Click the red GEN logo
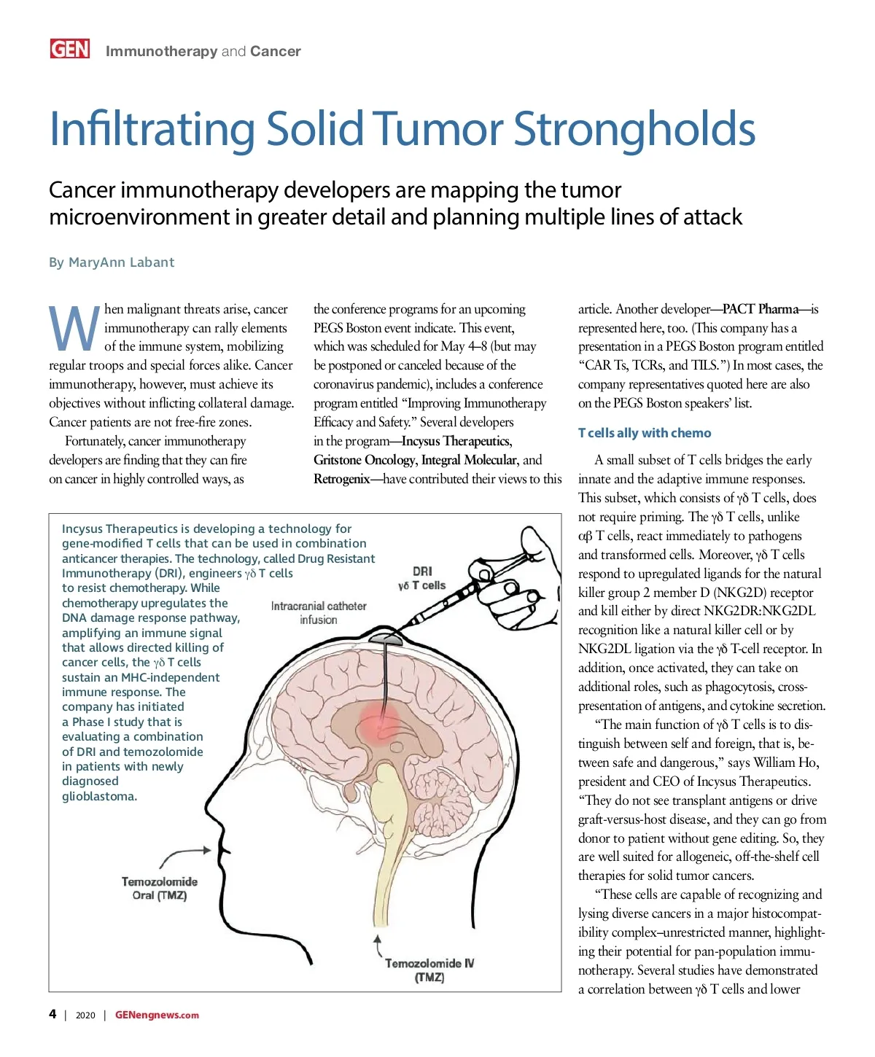pos(70,49)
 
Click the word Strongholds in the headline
pos(634,129)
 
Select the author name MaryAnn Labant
pos(121,262)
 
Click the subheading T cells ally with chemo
pos(645,433)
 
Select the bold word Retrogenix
pos(341,479)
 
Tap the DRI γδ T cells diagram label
pos(422,578)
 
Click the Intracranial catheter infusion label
pos(319,613)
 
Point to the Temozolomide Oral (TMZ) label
pos(160,889)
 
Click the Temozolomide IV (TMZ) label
pos(429,970)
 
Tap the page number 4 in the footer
pos(52,1014)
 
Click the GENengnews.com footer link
pos(157,1015)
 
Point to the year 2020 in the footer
pos(85,1015)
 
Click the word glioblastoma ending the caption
pos(98,796)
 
